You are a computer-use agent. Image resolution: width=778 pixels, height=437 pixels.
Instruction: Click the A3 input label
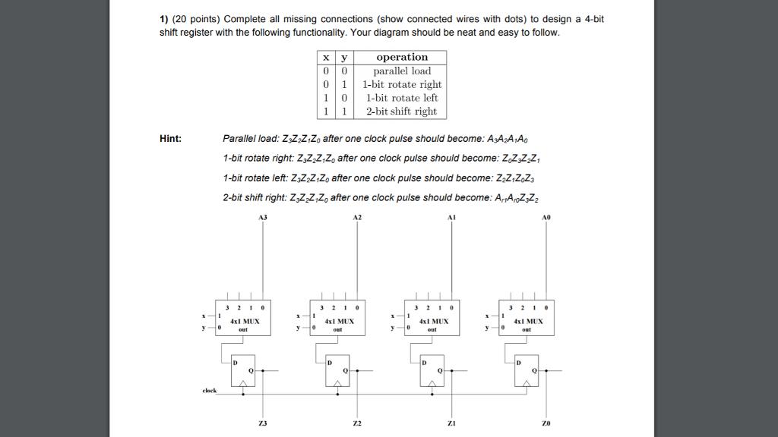tap(263, 217)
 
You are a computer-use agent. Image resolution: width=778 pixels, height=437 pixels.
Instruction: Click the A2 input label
tap(358, 217)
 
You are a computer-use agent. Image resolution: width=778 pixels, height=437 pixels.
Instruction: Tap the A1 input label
tap(452, 217)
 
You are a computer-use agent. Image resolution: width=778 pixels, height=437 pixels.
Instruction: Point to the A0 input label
tap(546, 217)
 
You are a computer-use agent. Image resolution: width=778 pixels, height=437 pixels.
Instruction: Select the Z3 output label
tap(263, 423)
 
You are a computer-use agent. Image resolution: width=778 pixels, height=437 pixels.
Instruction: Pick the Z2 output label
tap(357, 423)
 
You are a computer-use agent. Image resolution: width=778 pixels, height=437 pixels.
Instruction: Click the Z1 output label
tap(452, 423)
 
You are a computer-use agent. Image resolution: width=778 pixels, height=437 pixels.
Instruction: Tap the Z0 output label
tap(546, 423)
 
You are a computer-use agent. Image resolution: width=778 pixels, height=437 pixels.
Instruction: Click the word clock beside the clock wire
tap(209, 391)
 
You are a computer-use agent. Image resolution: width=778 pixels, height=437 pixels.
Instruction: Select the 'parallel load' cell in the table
tap(402, 71)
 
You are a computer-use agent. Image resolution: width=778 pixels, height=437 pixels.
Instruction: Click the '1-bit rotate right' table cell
tap(402, 84)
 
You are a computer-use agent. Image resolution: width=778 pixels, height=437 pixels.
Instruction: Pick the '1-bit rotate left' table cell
tap(402, 98)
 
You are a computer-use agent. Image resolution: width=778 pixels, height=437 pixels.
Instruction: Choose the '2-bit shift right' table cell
tap(402, 112)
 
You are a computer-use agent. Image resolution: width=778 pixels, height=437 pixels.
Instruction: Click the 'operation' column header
tap(402, 57)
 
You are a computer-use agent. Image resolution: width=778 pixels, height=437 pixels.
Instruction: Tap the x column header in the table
tap(326, 57)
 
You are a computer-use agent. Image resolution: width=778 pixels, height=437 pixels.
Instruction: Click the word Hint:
tap(170, 139)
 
